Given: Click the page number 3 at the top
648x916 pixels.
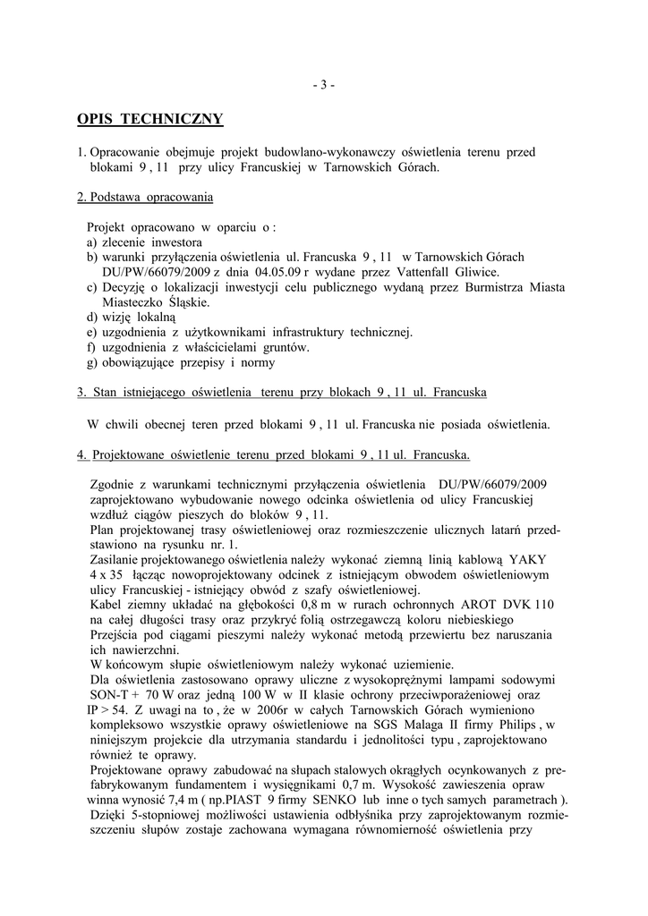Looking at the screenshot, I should (x=324, y=86).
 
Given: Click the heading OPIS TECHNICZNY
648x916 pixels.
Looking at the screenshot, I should (x=149, y=119).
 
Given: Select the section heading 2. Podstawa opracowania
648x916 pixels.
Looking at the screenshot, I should (x=145, y=196).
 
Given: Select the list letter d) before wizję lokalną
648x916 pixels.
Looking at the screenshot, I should (x=92, y=317).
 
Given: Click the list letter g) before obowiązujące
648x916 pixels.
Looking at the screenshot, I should (x=92, y=362).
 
